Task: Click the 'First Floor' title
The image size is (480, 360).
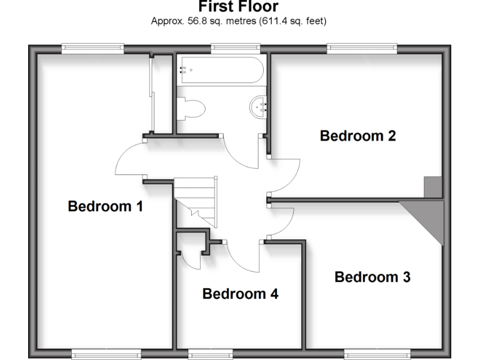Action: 238,7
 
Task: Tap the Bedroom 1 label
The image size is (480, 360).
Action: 106,206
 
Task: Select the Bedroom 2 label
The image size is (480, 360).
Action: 357,136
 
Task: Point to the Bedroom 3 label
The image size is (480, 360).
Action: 372,277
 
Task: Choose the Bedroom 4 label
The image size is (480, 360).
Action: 240,294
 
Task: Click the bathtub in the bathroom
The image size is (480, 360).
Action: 220,71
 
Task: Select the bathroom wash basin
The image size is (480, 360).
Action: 259,107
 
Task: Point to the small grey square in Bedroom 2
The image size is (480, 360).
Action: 432,186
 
